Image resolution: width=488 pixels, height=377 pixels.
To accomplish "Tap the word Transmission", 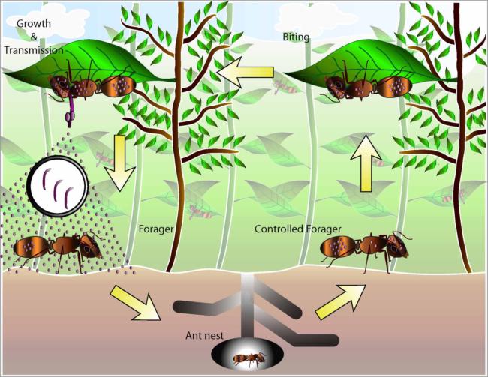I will (x=34, y=50).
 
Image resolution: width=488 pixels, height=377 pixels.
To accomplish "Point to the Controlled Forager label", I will (x=298, y=229).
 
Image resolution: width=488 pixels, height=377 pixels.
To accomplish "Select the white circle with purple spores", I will (x=59, y=185).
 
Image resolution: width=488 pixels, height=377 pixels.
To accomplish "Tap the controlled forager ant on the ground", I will (x=365, y=246).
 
